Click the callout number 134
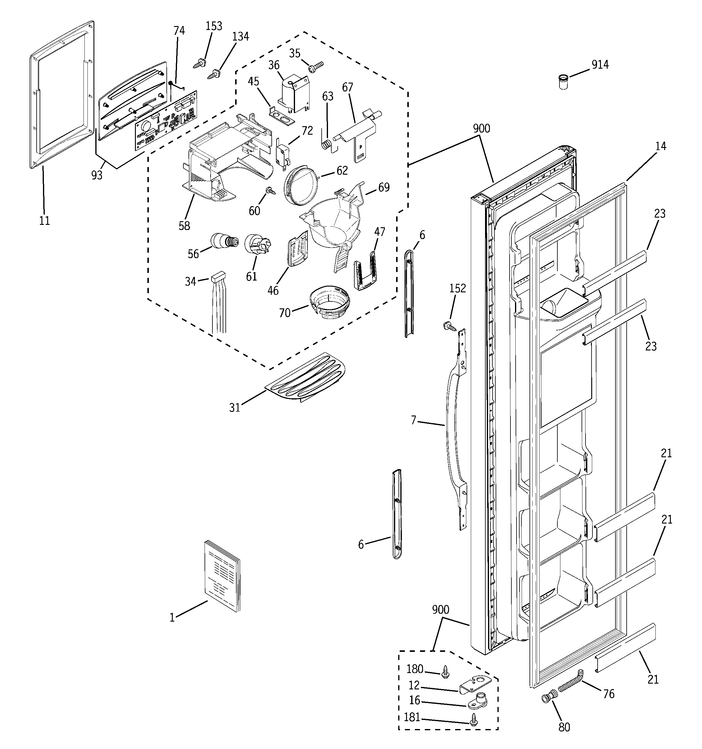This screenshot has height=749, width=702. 241,37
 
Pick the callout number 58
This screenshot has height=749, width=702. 184,226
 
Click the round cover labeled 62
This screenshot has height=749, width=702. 300,186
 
